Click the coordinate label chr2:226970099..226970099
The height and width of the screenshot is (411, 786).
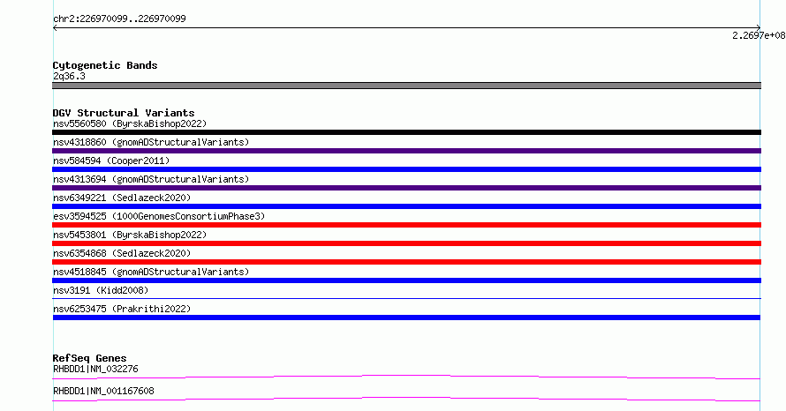coord(119,19)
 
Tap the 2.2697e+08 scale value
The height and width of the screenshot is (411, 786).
coord(759,35)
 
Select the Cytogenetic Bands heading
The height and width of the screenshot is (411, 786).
coord(105,65)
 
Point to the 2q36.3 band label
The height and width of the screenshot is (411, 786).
coord(69,76)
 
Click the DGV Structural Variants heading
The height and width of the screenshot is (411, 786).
coord(124,113)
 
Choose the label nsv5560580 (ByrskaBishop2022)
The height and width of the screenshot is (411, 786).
coord(130,123)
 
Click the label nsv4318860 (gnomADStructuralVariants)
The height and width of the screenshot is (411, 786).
coord(151,142)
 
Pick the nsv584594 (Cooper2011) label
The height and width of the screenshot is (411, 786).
coord(111,161)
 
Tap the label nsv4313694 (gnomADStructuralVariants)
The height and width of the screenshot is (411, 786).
coord(151,179)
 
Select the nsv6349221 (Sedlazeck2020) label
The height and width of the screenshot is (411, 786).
coord(122,198)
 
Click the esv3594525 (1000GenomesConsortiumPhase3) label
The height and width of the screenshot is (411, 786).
coord(159,216)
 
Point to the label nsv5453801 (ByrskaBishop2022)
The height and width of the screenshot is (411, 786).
coord(130,235)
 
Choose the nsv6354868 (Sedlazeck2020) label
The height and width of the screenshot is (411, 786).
coord(122,253)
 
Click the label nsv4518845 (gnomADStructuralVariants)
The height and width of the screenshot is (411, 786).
coord(151,272)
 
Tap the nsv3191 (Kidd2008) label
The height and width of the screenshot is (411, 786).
coord(101,290)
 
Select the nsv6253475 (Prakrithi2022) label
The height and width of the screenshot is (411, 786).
coord(122,309)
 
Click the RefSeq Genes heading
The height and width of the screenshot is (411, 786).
coord(89,358)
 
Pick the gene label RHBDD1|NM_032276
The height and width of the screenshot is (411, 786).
coord(95,369)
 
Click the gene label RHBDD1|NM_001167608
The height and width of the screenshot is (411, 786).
coord(103,391)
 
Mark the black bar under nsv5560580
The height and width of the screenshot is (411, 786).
coord(406,132)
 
